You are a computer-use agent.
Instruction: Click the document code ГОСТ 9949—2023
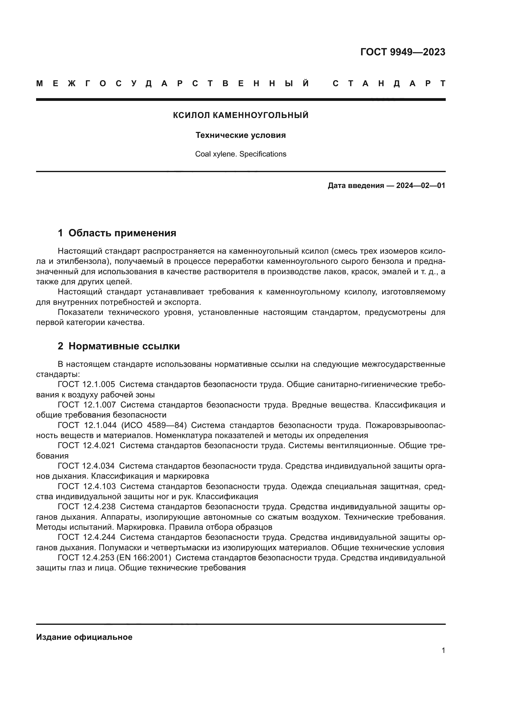point(403,52)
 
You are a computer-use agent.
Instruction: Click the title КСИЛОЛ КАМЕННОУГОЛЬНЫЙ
point(240,115)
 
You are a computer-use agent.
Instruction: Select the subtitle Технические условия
point(240,135)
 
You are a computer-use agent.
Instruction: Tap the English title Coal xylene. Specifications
point(240,154)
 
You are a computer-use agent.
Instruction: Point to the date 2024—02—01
point(420,186)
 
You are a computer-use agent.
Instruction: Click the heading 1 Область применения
point(117,233)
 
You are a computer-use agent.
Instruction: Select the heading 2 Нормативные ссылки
point(119,346)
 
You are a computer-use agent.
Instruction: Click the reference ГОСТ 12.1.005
point(86,385)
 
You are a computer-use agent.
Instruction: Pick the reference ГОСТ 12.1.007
point(87,405)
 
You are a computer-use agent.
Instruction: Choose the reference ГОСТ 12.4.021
point(86,446)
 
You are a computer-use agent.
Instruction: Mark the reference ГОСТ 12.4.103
point(87,486)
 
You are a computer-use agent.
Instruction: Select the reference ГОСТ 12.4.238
point(87,507)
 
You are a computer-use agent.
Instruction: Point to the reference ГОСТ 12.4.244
point(87,537)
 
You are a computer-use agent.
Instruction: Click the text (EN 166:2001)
point(144,558)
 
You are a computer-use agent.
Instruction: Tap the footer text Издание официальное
point(84,637)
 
